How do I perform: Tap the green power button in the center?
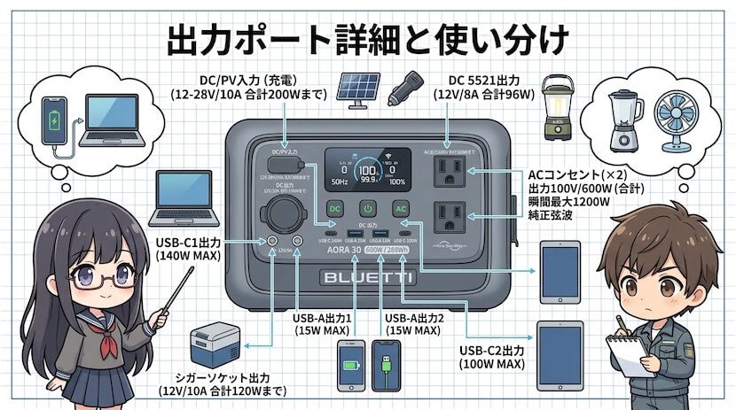click(x=368, y=209)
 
